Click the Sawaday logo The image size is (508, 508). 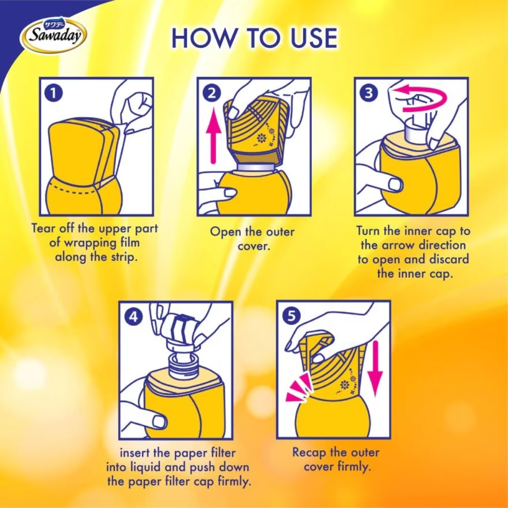coord(54,35)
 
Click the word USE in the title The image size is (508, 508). coord(314,38)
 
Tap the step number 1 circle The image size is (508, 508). coord(54,94)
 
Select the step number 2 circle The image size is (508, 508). coord(211,94)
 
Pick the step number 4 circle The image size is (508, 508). coord(133,317)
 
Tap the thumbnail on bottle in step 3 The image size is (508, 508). coord(395,184)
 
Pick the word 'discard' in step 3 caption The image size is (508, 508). coord(449,260)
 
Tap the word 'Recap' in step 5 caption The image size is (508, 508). coord(309,453)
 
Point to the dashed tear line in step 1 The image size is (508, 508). coord(73,190)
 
